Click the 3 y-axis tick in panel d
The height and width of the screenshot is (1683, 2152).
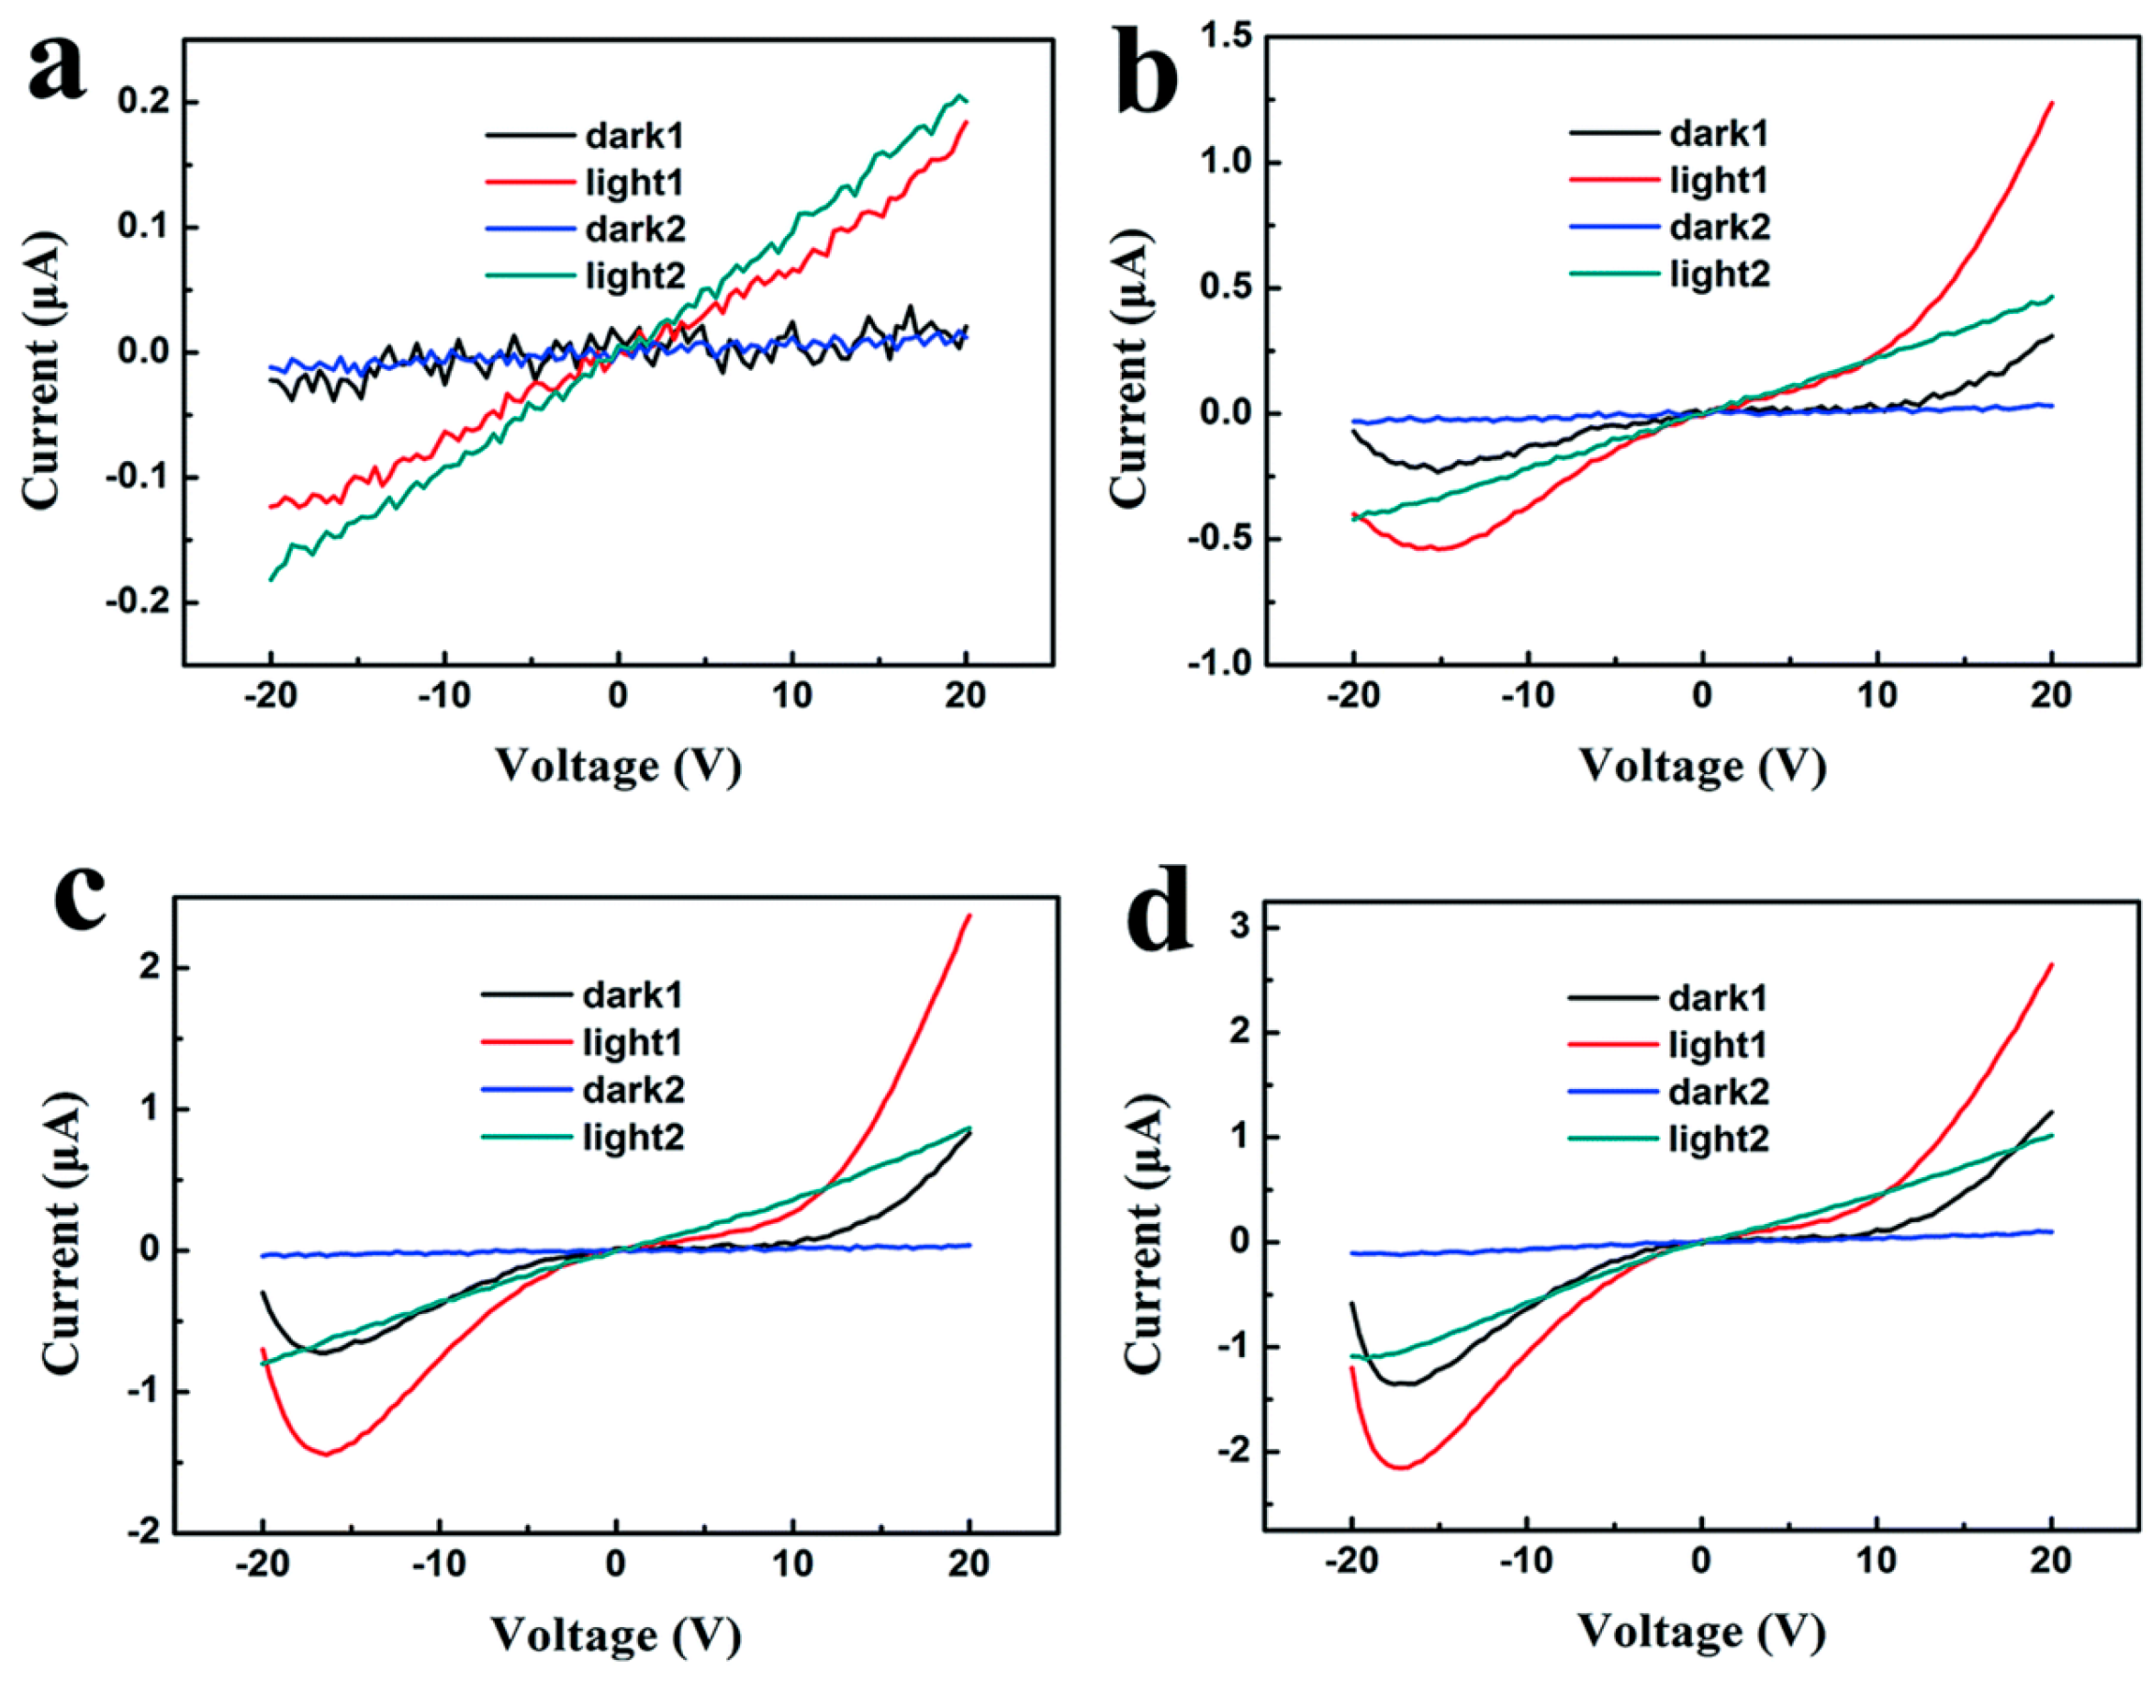(1239, 928)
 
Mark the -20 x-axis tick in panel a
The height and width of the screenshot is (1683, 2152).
(270, 696)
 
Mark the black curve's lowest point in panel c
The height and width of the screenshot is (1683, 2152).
(320, 1352)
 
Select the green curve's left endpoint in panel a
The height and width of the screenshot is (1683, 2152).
(271, 580)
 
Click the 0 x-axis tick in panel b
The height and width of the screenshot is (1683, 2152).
(1703, 696)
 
